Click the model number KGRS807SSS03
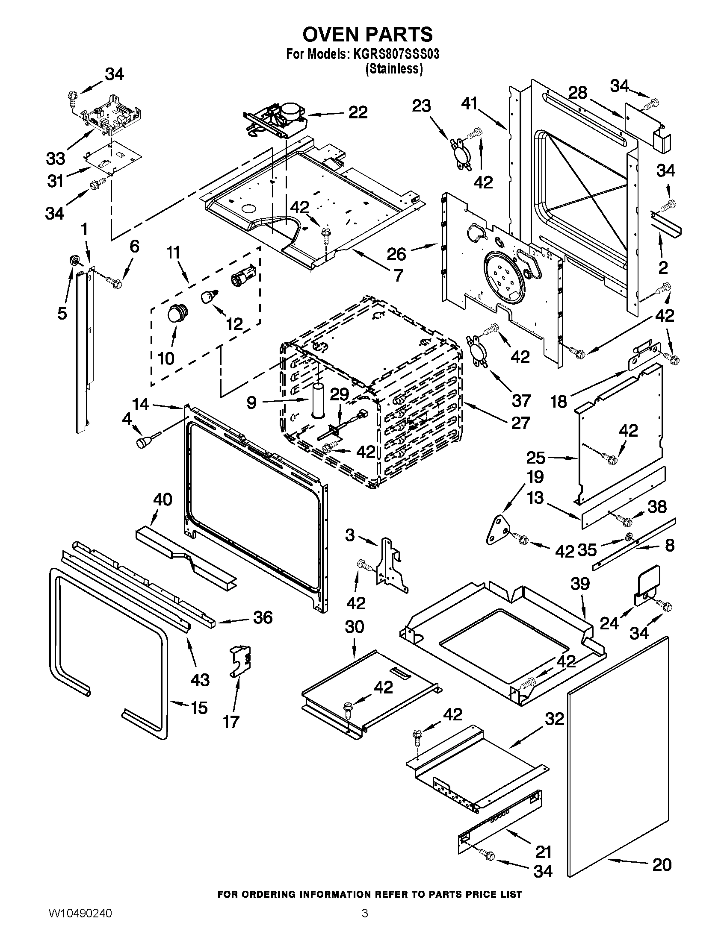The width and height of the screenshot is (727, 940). [396, 55]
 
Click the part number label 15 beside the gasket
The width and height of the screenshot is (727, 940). [199, 708]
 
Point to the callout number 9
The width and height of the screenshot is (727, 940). [251, 402]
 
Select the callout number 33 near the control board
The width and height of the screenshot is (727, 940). [56, 159]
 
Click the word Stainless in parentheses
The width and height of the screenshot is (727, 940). [393, 69]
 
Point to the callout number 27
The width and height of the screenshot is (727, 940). [520, 423]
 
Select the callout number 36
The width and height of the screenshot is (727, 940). [262, 618]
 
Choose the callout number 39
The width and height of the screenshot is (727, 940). [580, 584]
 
